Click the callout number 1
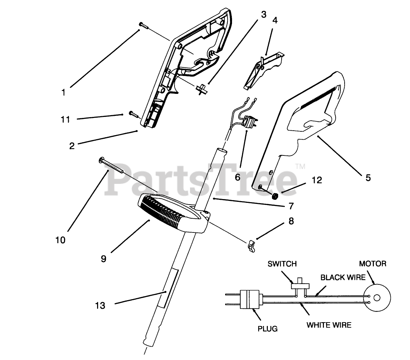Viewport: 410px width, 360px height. tap(63, 92)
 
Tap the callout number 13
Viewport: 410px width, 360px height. tap(100, 305)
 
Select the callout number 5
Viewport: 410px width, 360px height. tap(368, 178)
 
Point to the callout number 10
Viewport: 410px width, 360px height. tap(60, 240)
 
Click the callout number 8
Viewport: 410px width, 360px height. tap(291, 221)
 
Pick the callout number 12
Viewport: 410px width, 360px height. tap(317, 180)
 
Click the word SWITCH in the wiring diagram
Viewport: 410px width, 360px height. tap(282, 264)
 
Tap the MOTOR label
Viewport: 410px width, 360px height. tap(372, 264)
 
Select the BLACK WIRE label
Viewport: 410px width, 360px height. tap(343, 277)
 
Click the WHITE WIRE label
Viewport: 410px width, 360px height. tap(329, 325)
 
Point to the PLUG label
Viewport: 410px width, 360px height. tap(267, 329)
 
